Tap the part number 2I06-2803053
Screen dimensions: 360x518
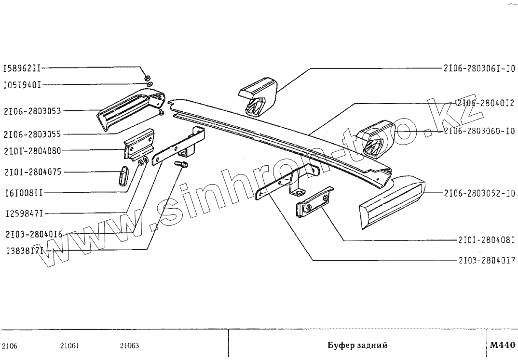tap(32, 111)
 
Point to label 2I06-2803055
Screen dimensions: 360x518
tap(32, 134)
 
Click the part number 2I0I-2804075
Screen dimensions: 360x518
tap(32, 172)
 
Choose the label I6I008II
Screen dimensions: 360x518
tap(23, 193)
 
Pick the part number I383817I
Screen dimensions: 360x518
tap(25, 251)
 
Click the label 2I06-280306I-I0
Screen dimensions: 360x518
tap(479, 68)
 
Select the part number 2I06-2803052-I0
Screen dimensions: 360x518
tap(479, 194)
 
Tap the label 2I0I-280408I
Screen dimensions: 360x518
tap(487, 240)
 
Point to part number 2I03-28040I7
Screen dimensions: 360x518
tap(487, 260)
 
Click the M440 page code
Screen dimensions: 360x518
tap(502, 345)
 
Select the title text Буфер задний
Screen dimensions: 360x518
tap(357, 346)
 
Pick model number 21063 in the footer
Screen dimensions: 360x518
tap(129, 346)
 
